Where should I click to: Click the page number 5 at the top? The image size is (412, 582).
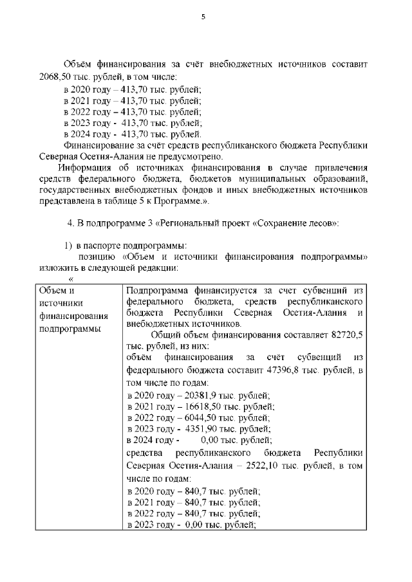point(203,17)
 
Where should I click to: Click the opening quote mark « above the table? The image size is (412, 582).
point(71,279)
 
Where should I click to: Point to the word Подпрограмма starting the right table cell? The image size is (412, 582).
point(157,290)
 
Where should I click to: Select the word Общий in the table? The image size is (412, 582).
point(165,335)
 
